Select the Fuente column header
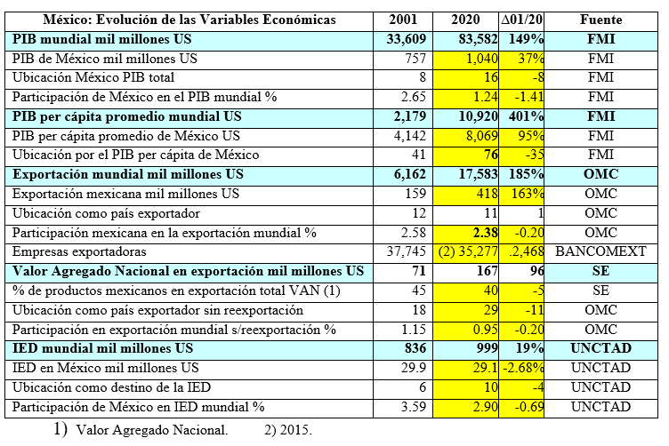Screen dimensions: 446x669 (600, 20)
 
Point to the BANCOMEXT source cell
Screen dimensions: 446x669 (600, 251)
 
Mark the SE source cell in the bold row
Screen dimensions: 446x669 (600, 271)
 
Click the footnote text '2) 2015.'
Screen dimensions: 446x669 (288, 430)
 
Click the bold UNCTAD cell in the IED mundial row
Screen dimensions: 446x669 (600, 348)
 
